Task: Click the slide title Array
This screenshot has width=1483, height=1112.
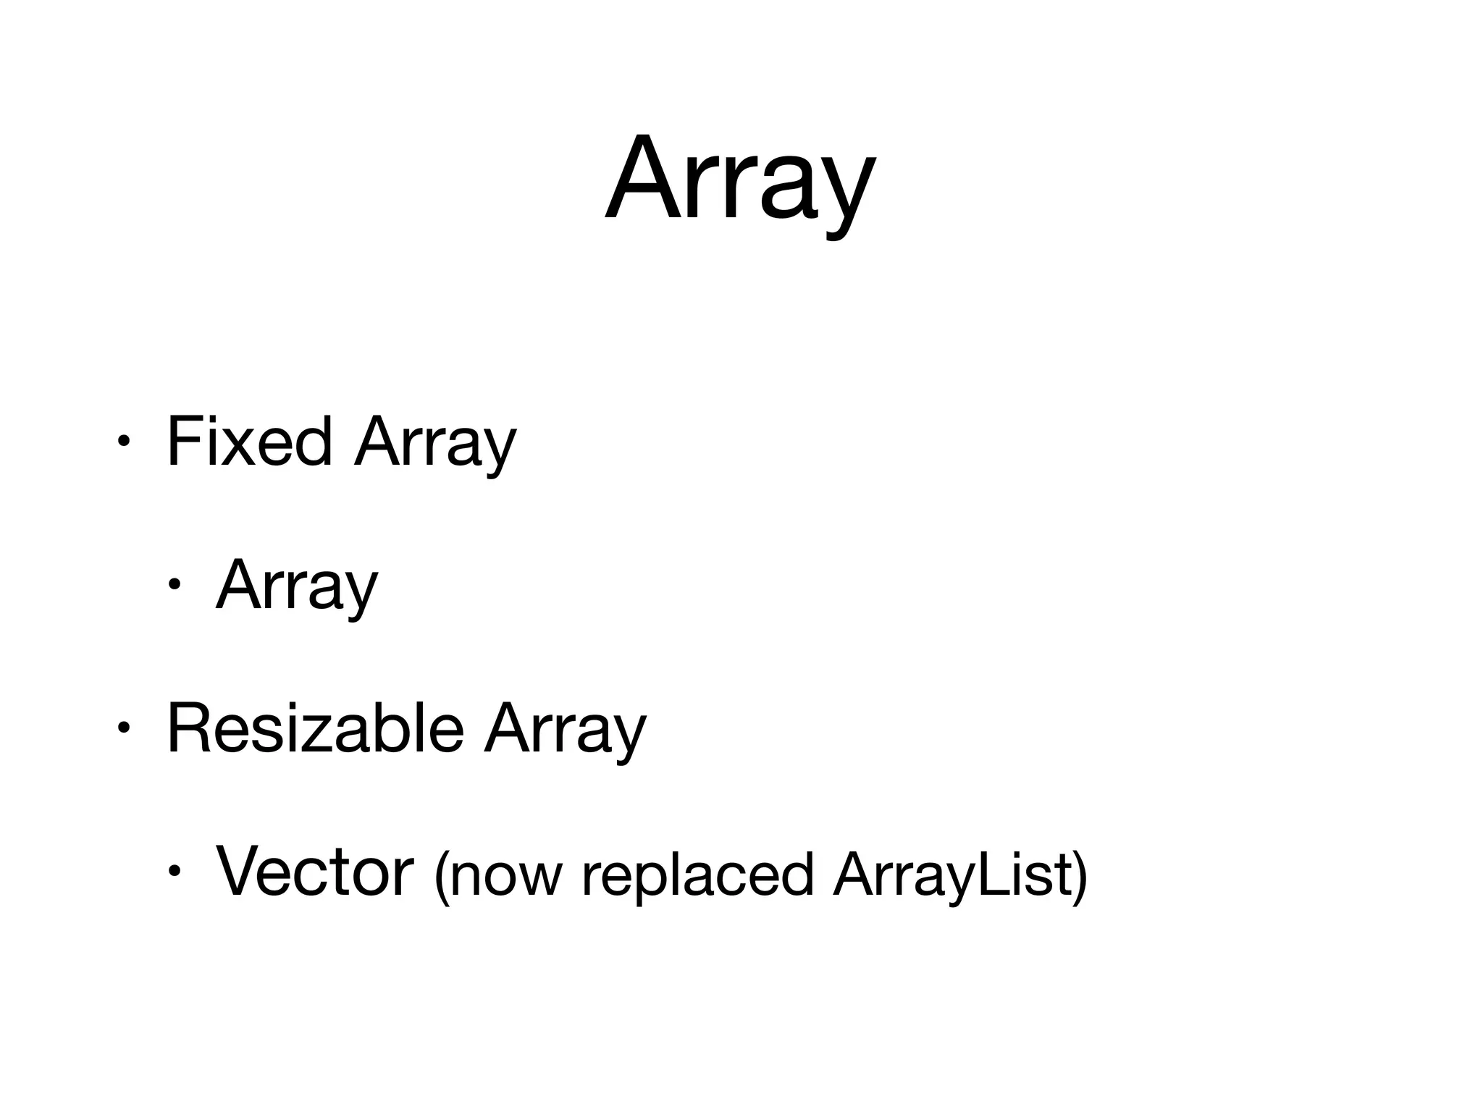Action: [740, 180]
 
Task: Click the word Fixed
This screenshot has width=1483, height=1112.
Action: [249, 442]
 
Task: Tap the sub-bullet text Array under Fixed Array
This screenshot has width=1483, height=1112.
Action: [297, 586]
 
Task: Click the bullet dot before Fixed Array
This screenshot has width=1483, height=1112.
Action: [124, 442]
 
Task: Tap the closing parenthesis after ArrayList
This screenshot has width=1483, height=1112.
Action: [1080, 876]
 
